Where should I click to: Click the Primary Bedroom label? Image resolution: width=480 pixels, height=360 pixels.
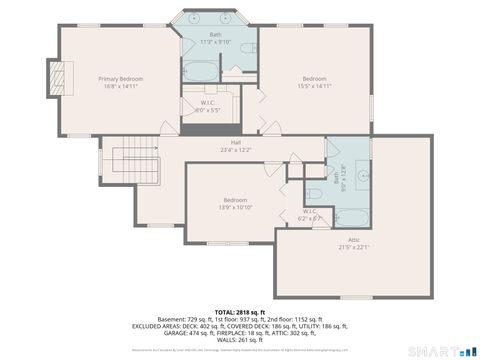(120, 77)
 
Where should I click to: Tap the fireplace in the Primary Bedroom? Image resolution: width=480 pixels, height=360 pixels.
(58, 76)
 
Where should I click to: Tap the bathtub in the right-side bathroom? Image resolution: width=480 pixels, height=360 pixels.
(351, 217)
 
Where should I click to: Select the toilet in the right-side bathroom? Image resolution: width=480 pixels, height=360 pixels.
(312, 194)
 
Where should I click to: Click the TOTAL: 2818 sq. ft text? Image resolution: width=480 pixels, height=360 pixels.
(240, 311)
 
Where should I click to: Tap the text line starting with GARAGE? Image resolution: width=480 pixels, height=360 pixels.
(240, 334)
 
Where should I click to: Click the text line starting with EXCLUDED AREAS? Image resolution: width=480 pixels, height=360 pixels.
(240, 326)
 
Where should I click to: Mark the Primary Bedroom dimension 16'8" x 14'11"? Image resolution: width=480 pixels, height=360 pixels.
(120, 86)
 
